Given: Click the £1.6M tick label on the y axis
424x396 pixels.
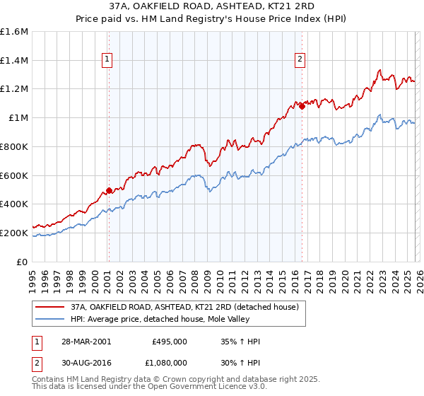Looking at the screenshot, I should coord(14,32).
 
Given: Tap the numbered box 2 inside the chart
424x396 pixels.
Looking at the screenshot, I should coord(300,60).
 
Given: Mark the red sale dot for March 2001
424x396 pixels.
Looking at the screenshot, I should coord(109,190).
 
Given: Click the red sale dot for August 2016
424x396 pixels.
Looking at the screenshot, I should coord(302,106).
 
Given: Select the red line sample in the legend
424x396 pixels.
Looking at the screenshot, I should coord(49,307).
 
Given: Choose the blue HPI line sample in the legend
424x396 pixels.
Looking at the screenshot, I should coord(49,319).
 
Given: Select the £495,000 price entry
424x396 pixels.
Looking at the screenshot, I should coord(169,342).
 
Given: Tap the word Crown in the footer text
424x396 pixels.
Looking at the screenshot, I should coord(165,380).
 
